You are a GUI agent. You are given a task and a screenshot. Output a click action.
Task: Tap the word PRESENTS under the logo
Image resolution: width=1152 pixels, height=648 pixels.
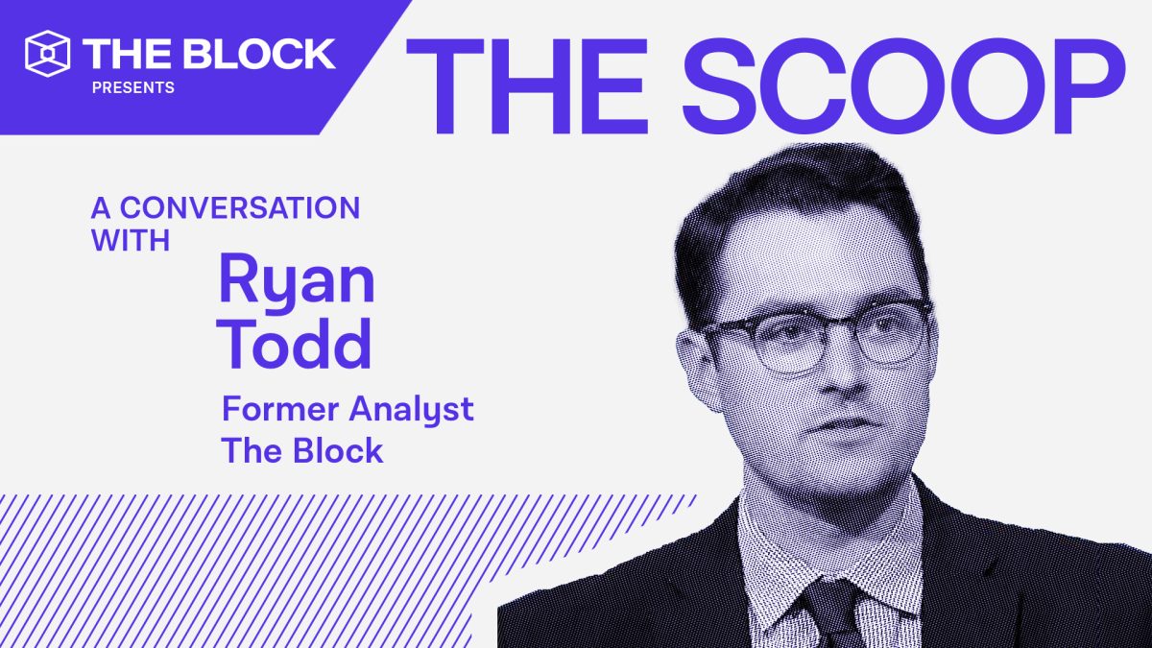click(132, 87)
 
